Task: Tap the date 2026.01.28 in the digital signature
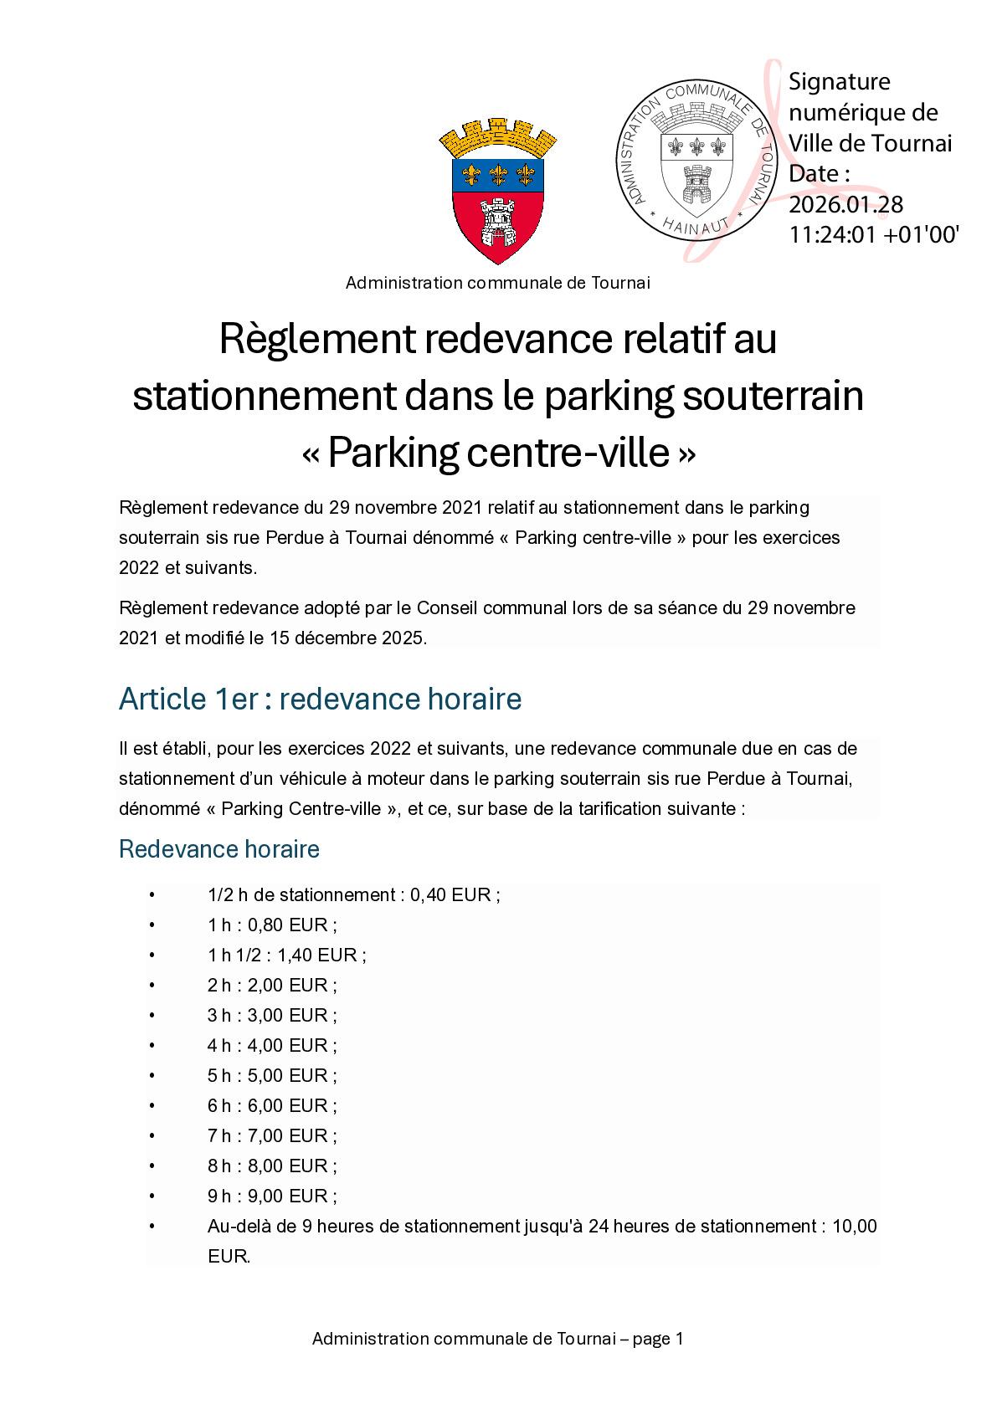point(846,204)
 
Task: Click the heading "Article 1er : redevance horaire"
point(320,699)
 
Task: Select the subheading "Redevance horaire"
point(219,849)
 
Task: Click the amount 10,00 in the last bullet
point(855,1227)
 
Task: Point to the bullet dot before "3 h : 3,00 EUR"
point(152,1015)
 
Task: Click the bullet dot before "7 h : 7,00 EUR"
point(152,1135)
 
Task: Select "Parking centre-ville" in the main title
point(498,453)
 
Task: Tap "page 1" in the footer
point(658,1339)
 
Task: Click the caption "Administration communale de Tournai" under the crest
point(498,283)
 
